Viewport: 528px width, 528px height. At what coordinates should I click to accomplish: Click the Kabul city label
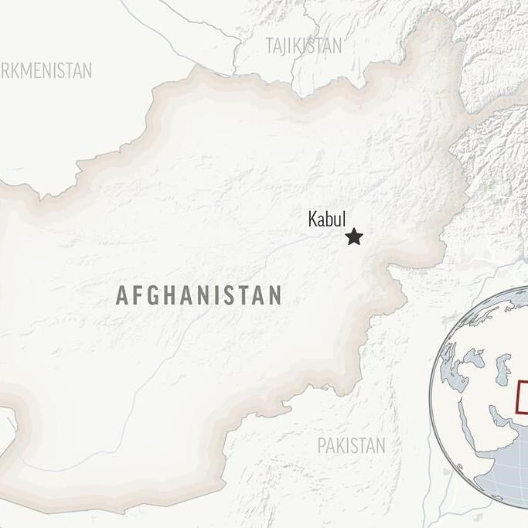coord(326,220)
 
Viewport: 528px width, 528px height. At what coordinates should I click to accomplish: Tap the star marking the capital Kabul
coord(354,237)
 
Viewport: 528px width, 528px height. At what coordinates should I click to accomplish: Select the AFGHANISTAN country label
coord(199,295)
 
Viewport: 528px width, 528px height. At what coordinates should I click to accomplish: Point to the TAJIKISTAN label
coord(303,46)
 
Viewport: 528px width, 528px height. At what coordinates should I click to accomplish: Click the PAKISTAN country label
coord(351,445)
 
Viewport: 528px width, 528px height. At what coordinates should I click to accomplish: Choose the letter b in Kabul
coord(330,220)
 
